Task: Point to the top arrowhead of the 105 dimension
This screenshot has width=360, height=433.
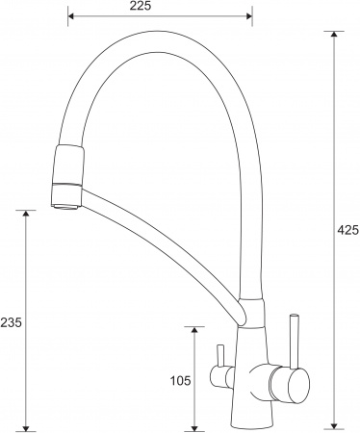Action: pyautogui.click(x=195, y=330)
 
